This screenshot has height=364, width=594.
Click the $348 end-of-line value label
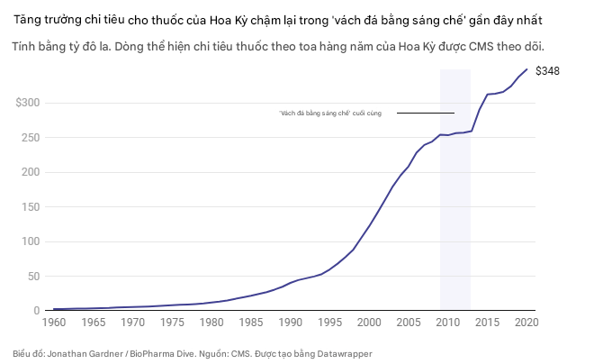coord(547,70)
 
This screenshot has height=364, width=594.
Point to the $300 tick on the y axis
coord(27,104)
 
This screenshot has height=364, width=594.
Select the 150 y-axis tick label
coord(31,207)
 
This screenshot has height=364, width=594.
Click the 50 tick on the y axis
coord(33,277)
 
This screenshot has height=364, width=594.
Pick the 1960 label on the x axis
coord(55,322)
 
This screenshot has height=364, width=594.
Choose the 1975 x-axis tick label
coord(173,322)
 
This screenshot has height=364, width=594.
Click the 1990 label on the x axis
coord(291,322)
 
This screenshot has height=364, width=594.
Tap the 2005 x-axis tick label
coord(409,322)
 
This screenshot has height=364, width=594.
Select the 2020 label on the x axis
coord(526,322)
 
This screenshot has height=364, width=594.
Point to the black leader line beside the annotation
coord(425,113)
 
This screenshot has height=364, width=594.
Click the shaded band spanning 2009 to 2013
coord(454,198)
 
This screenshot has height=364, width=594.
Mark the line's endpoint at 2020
coord(526,69)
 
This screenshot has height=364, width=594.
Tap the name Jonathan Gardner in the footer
coord(81,353)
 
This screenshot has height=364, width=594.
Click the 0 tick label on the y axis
coord(37,311)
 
